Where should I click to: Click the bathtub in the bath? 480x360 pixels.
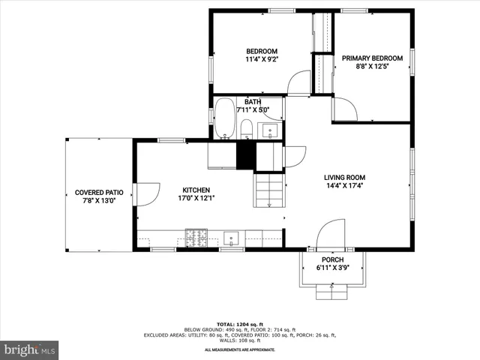224,118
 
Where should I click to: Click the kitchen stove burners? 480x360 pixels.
197,239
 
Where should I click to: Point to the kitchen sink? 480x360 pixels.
232,239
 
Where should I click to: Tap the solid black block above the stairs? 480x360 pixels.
246,155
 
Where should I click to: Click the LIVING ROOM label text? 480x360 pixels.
345,178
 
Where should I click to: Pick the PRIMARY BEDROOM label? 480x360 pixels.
372,58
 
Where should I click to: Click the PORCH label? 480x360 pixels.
332,259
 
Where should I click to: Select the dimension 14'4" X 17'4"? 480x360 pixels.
345,186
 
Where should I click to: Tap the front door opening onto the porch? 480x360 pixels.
331,234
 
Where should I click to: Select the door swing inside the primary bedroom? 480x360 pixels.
344,109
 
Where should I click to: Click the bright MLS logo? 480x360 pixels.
30,349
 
